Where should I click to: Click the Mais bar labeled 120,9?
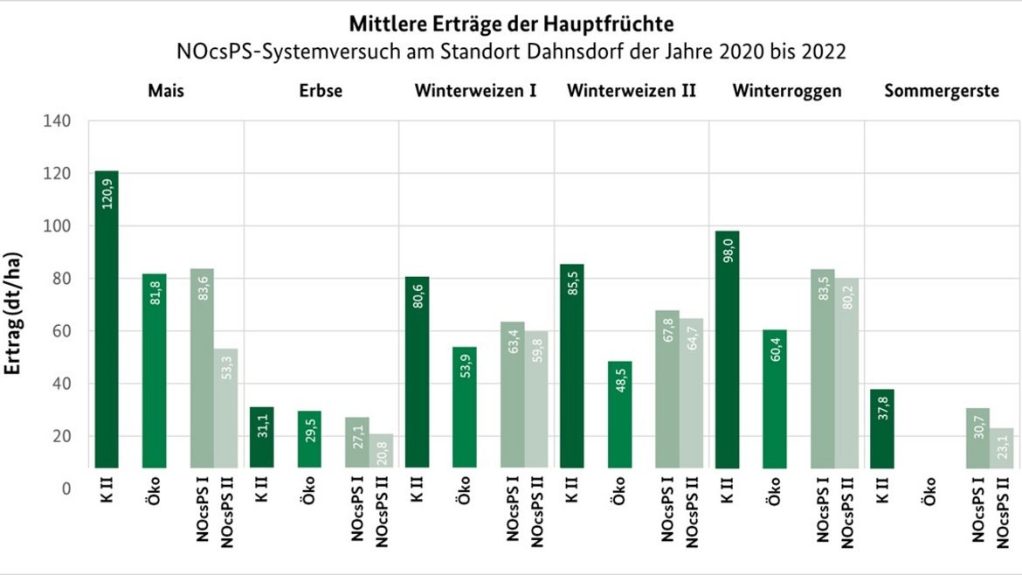click(107, 319)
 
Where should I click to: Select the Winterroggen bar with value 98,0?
click(727, 350)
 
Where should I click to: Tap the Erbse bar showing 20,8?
click(381, 451)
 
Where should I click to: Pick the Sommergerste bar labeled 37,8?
click(882, 428)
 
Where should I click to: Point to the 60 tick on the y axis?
click(60, 331)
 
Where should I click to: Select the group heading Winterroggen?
click(787, 91)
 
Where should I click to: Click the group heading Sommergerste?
click(942, 91)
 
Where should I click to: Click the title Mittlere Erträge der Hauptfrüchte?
click(511, 23)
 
